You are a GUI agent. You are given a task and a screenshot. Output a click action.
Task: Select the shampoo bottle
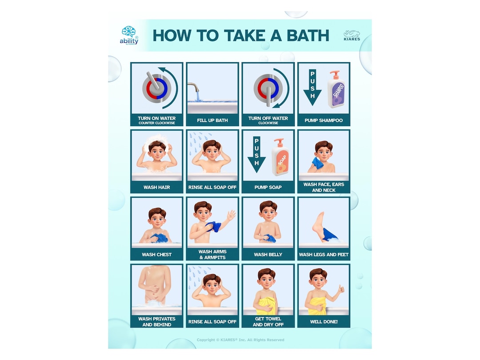tap(336, 90)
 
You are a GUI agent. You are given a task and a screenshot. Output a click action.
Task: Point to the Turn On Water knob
tap(153, 87)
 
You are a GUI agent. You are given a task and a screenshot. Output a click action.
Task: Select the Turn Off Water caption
tap(268, 120)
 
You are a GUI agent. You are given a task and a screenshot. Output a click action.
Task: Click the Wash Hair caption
tap(157, 187)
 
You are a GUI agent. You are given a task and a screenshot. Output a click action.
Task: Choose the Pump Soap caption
tap(268, 187)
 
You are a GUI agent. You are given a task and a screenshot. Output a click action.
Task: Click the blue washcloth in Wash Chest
tap(160, 238)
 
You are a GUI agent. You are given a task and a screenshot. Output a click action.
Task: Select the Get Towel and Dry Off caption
tap(268, 321)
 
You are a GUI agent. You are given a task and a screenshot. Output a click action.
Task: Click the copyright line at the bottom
tap(240, 340)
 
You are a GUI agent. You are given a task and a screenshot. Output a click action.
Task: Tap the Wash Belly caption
tap(268, 255)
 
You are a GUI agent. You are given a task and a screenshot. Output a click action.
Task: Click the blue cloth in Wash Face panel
tap(317, 162)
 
